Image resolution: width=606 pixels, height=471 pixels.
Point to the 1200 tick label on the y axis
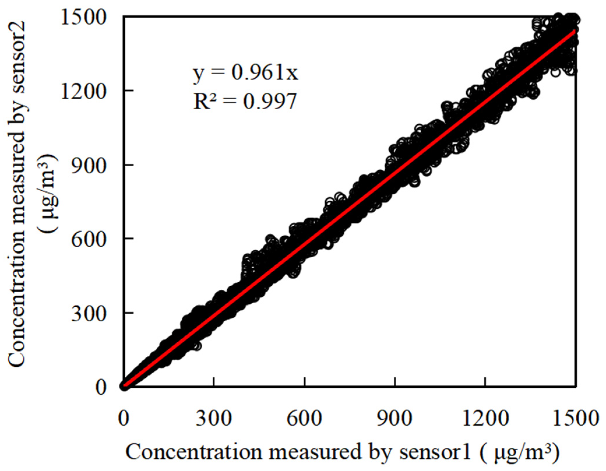pyautogui.click(x=83, y=91)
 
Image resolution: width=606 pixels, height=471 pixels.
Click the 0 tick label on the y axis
pyautogui.click(x=100, y=387)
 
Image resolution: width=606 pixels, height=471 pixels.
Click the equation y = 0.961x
pyautogui.click(x=245, y=73)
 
